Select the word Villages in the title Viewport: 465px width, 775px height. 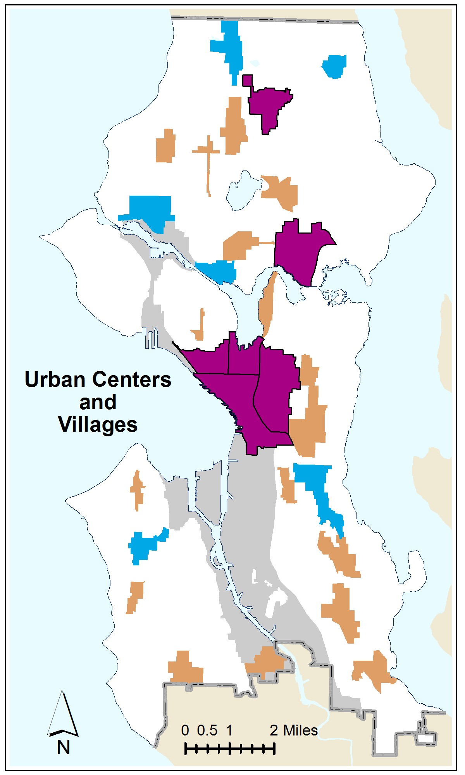[98, 425]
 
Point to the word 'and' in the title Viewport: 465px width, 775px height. [98, 402]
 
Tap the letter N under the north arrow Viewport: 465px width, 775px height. [64, 747]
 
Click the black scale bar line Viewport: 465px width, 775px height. [229, 749]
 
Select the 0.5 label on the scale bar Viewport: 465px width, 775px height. [207, 730]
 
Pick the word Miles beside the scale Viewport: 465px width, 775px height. [300, 730]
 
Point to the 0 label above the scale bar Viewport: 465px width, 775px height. [185, 730]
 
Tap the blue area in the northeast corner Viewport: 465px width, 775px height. [334, 66]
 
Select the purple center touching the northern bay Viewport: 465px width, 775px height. [300, 252]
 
